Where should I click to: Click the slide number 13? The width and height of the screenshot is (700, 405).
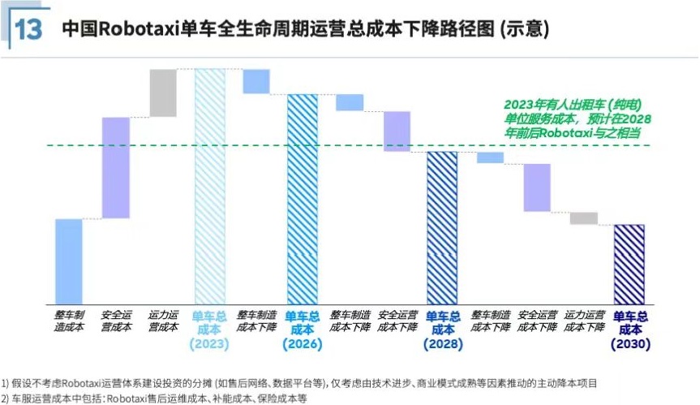point(28,29)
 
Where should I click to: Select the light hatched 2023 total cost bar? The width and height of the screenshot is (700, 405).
point(209,186)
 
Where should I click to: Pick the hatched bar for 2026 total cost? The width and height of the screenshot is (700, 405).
point(303,199)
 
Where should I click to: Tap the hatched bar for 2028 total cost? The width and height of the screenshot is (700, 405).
point(442,227)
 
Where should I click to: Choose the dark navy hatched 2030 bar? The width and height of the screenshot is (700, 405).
point(629,264)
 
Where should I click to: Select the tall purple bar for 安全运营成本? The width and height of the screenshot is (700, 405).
point(116,168)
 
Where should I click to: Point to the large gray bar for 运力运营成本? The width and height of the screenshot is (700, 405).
point(163,93)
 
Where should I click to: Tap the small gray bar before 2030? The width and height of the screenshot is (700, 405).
point(583,218)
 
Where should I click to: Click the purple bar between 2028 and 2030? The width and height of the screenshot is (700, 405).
point(537,187)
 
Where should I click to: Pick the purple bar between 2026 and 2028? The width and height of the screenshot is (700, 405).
point(397,131)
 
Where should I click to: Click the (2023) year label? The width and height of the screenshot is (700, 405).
point(209,344)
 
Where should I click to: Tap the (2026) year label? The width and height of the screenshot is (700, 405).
point(302,344)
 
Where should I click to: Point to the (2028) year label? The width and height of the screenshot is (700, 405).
point(442,344)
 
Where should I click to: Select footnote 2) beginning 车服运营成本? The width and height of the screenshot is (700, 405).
point(159,398)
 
